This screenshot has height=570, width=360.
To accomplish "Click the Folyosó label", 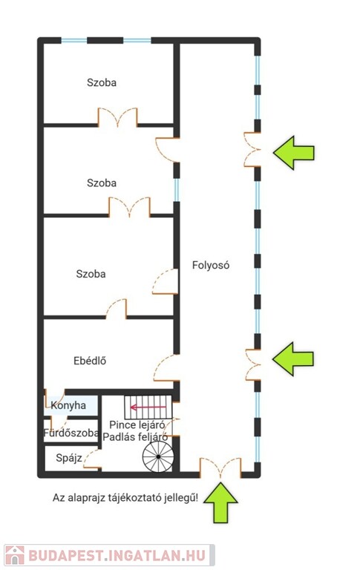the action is coord(211,265).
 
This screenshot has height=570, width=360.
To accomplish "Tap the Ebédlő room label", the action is coord(90,361).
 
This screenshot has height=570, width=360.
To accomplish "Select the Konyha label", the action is coord(68,405).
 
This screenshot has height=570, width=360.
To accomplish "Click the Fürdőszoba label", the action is coord(71,433).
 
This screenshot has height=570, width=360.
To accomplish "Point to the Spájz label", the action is coord(69,458).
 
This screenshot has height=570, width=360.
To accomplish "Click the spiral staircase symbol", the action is coord(158,456).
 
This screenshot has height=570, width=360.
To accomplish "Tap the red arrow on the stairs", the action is coord(148,407).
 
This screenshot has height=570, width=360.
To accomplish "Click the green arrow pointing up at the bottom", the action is coord(220,502).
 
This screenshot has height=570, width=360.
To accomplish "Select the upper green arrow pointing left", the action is coord(294,153).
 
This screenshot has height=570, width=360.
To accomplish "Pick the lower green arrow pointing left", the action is coord(293,358).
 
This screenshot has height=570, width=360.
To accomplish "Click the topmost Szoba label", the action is coord(102,82).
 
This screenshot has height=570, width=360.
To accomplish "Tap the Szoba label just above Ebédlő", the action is coord(91,274).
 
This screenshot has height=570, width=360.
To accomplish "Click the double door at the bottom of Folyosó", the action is coord(220,468).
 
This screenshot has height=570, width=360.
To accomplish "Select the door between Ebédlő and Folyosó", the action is coord(166,368).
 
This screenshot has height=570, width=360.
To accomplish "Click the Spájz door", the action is coord(92,459).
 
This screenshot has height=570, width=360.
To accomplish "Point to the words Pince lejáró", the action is coord(137,425).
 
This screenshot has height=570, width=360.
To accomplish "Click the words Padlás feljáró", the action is coord(135,436).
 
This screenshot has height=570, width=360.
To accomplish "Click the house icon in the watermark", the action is coord(15,555).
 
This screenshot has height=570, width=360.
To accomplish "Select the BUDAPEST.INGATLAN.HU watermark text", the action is coord(117,555).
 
